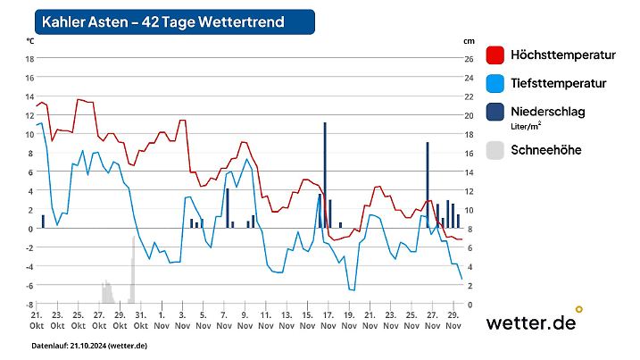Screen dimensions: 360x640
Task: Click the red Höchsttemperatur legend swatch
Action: (496, 55)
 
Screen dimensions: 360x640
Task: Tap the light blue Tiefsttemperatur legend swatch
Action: (496, 84)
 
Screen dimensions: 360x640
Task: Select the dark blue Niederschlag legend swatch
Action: (496, 113)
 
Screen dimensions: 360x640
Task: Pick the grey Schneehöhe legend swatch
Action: (496, 150)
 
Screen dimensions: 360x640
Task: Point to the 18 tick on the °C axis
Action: (29, 59)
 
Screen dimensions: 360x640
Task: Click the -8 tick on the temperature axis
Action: (29, 304)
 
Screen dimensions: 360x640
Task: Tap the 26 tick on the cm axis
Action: (469, 59)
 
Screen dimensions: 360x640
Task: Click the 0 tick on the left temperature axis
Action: (29, 229)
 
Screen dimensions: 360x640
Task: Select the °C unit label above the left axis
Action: (30, 41)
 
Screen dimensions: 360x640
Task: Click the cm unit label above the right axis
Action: (469, 41)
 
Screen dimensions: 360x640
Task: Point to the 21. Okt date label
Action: (37, 320)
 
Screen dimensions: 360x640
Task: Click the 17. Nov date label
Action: (328, 320)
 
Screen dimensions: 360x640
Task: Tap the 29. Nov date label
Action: (453, 320)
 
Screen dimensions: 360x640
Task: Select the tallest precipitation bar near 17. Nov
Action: (325, 175)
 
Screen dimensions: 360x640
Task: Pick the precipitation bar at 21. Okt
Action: (43, 222)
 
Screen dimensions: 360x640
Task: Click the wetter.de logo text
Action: (530, 323)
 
